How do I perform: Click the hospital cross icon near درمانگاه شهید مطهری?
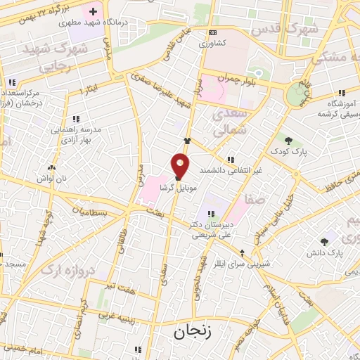pyautogui.click(x=93, y=12)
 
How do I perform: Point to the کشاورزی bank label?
pyautogui.click(x=212, y=44)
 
